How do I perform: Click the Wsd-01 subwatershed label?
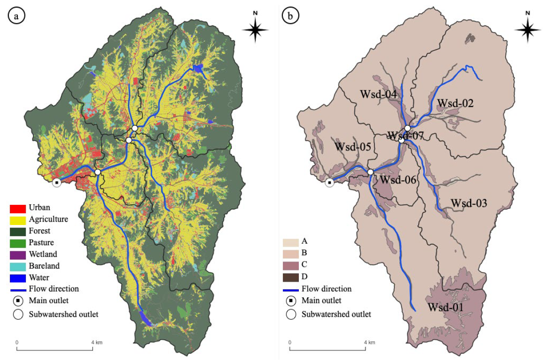point(446,307)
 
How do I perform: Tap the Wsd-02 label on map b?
point(456,103)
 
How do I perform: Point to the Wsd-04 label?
point(378,94)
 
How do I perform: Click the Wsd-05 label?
point(353,147)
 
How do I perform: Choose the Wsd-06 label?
point(398,180)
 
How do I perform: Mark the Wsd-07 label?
point(406,136)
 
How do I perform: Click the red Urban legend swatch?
point(17,208)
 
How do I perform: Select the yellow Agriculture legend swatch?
point(17,219)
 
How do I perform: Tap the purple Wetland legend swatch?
point(17,255)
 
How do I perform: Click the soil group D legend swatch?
point(290,277)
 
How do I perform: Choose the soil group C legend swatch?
point(290,265)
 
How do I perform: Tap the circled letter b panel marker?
point(290,16)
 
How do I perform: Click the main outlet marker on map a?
point(57,182)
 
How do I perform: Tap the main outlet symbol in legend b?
point(290,301)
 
